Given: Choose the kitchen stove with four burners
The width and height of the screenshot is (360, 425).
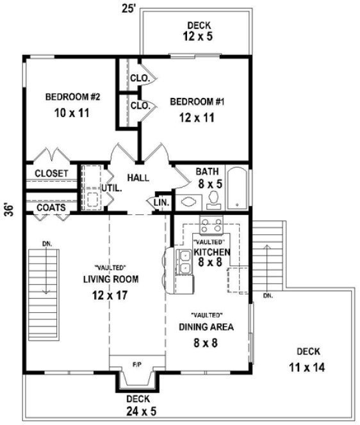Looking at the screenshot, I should pyautogui.click(x=211, y=226).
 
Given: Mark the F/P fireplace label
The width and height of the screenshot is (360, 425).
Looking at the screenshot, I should pyautogui.click(x=137, y=364).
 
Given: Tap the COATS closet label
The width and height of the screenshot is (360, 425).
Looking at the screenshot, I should pyautogui.click(x=49, y=207).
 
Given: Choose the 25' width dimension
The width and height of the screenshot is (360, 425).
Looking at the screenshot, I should pyautogui.click(x=128, y=8).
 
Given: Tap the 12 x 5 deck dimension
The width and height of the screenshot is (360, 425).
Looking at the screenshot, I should pyautogui.click(x=196, y=36).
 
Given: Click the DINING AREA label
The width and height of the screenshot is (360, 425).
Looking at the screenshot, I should pyautogui.click(x=206, y=326).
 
